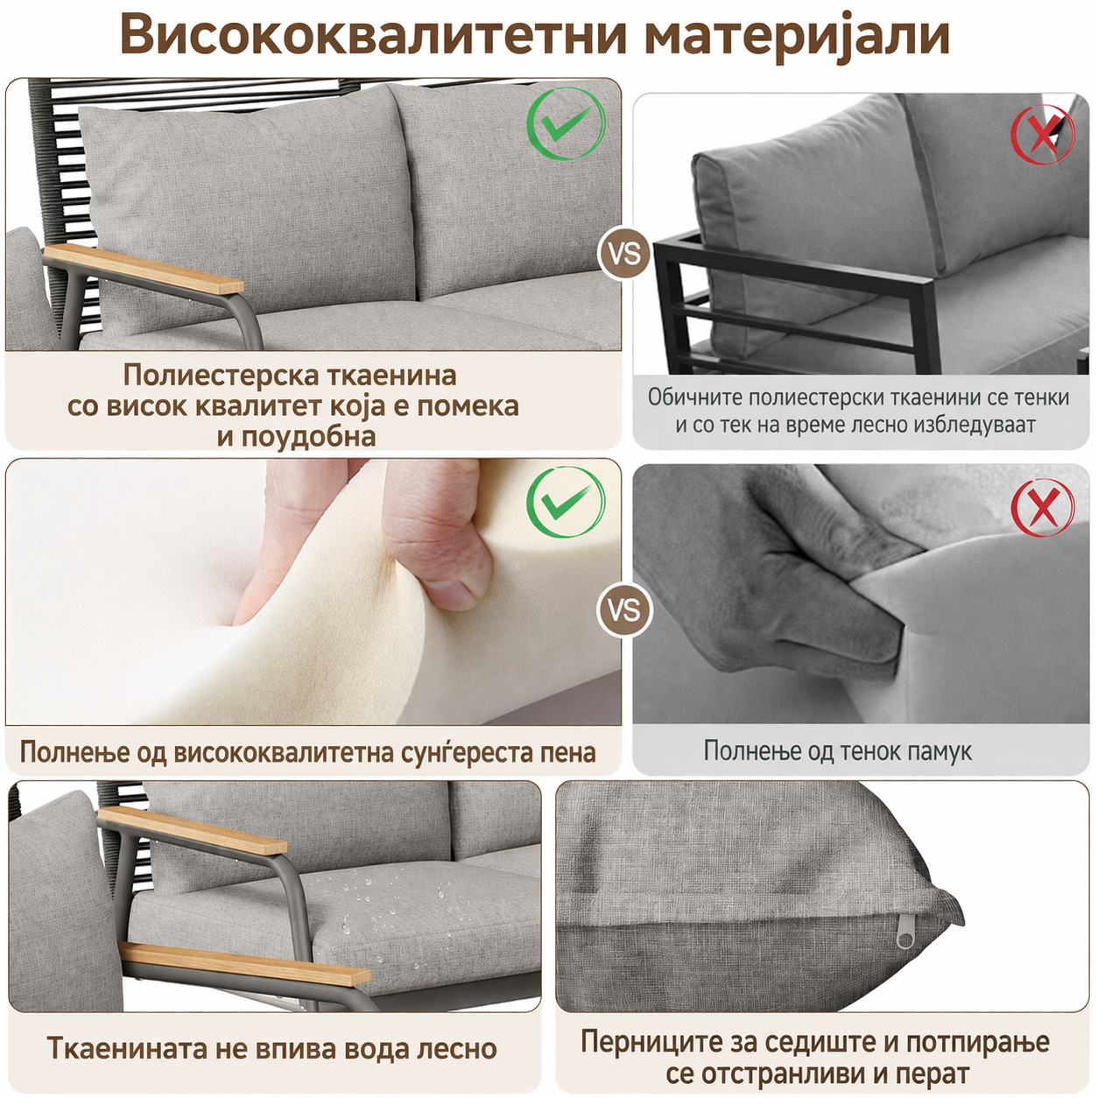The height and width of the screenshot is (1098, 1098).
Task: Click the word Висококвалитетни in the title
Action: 374,34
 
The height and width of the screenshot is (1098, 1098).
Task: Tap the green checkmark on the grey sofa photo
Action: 566,123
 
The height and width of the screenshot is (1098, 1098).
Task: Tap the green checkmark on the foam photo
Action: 566,502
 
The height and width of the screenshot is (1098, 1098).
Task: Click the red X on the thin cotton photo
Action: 1042,507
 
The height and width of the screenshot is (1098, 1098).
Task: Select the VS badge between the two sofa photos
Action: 624,254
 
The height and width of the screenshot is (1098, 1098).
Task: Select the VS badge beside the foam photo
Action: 624,610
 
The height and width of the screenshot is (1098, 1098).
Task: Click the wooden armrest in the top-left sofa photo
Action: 143,269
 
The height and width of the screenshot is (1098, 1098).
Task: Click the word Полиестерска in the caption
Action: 221,376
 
